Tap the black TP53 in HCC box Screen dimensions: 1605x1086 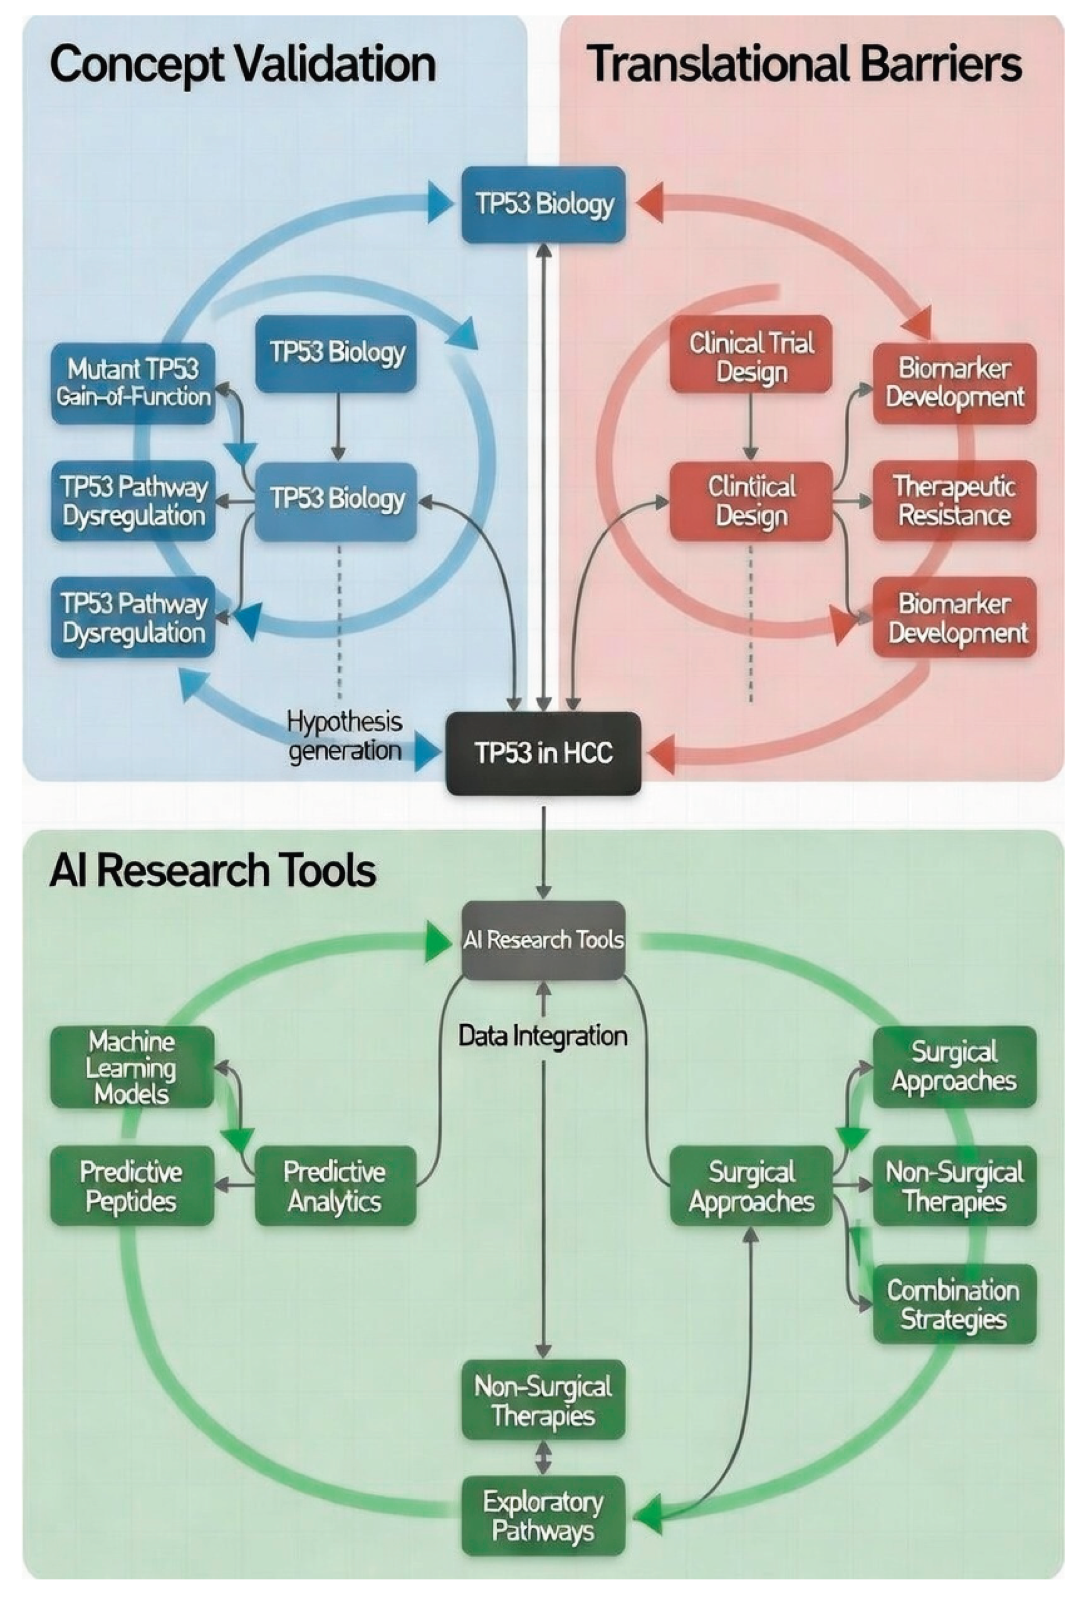[544, 753]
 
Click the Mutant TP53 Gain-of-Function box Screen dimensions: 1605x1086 [133, 383]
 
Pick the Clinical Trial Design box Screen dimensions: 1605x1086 [751, 357]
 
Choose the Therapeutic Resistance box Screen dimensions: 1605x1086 [954, 501]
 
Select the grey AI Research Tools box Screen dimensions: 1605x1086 [543, 940]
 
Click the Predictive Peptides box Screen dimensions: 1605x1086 [131, 1186]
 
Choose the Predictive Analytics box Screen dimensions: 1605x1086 [335, 1186]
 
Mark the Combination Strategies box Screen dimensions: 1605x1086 [954, 1304]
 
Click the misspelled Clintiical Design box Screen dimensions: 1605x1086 [751, 501]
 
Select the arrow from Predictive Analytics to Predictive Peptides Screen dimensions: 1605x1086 [235, 1186]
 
